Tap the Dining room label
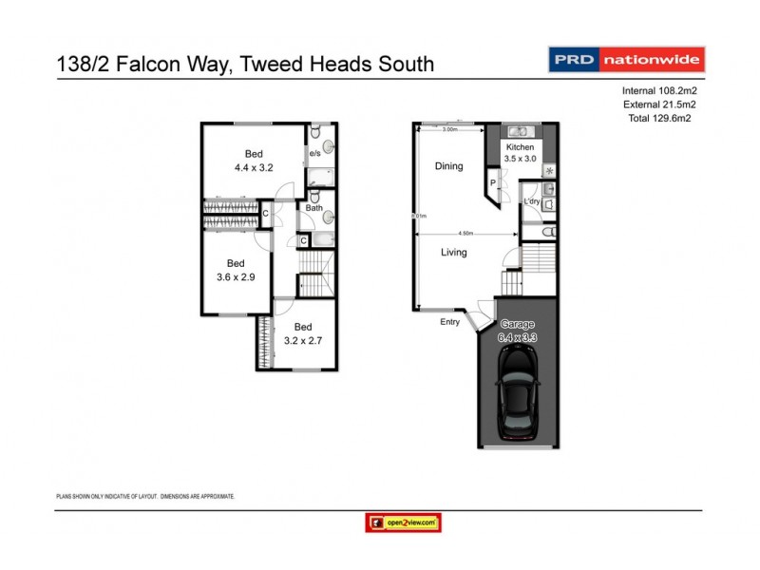[448, 166]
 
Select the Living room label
[458, 253]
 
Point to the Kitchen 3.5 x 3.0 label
[521, 154]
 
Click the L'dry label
[532, 202]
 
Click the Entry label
[449, 322]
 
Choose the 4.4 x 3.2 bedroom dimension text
[254, 167]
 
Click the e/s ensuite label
[314, 153]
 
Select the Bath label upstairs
[313, 207]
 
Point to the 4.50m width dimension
[466, 232]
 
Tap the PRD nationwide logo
[627, 59]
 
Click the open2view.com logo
[403, 522]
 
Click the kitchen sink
[520, 132]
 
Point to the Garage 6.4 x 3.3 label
[519, 331]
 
